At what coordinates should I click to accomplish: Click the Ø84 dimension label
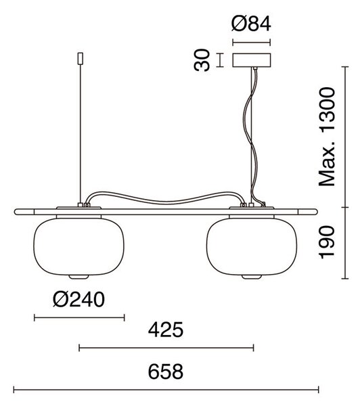tap(251, 24)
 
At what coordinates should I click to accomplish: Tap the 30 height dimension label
tap(202, 60)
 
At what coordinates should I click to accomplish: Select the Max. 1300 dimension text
tap(327, 137)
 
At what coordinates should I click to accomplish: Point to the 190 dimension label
tap(327, 242)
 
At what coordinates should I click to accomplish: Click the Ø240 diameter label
tap(78, 299)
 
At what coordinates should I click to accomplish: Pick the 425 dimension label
tap(166, 330)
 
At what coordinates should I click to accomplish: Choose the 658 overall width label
tap(166, 371)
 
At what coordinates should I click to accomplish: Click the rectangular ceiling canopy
tap(252, 60)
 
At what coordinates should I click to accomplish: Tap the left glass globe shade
tap(78, 246)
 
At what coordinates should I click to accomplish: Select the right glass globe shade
tap(252, 246)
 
